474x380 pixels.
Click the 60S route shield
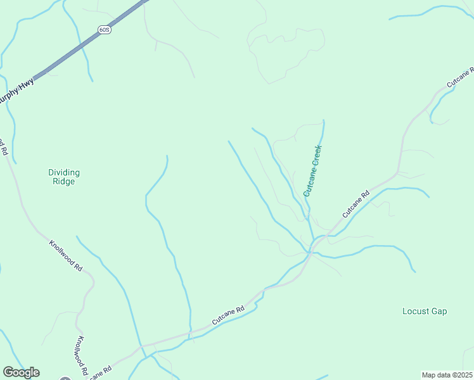105,30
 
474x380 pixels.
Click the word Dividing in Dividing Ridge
64,172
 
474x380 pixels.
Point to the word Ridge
64,182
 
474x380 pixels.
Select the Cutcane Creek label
313,170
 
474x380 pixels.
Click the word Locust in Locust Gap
416,311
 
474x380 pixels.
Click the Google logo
21,372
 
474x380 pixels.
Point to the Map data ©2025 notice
447,375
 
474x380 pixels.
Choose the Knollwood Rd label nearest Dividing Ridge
66,255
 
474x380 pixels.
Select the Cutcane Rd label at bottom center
228,316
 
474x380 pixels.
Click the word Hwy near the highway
26,82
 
